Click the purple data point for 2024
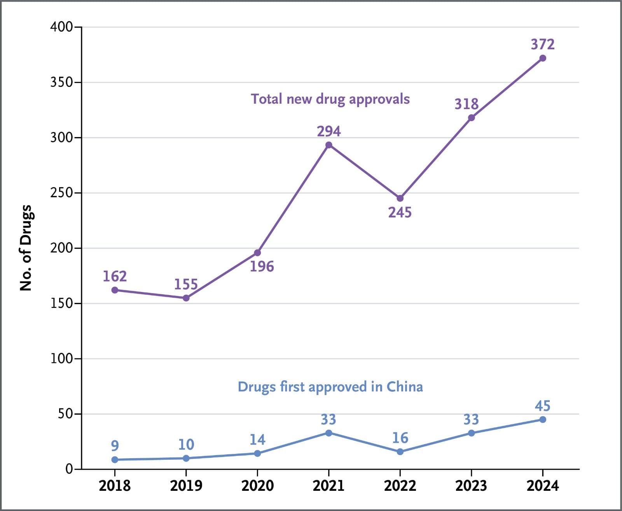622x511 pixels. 543,58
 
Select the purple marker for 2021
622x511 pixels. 328,145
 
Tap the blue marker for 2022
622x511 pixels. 400,452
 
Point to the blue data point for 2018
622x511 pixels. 115,459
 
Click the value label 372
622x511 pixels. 543,45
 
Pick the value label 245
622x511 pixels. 400,212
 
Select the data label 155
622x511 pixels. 186,284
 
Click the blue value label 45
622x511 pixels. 543,406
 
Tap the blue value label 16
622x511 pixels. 400,438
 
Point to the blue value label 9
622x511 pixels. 115,445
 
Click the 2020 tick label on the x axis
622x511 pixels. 257,486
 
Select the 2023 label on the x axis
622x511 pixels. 471,486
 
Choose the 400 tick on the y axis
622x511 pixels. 61,27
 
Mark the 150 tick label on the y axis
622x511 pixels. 61,303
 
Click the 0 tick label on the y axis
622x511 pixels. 69,469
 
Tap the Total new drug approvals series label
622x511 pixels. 330,99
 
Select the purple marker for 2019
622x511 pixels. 186,298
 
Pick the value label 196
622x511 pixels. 262,266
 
